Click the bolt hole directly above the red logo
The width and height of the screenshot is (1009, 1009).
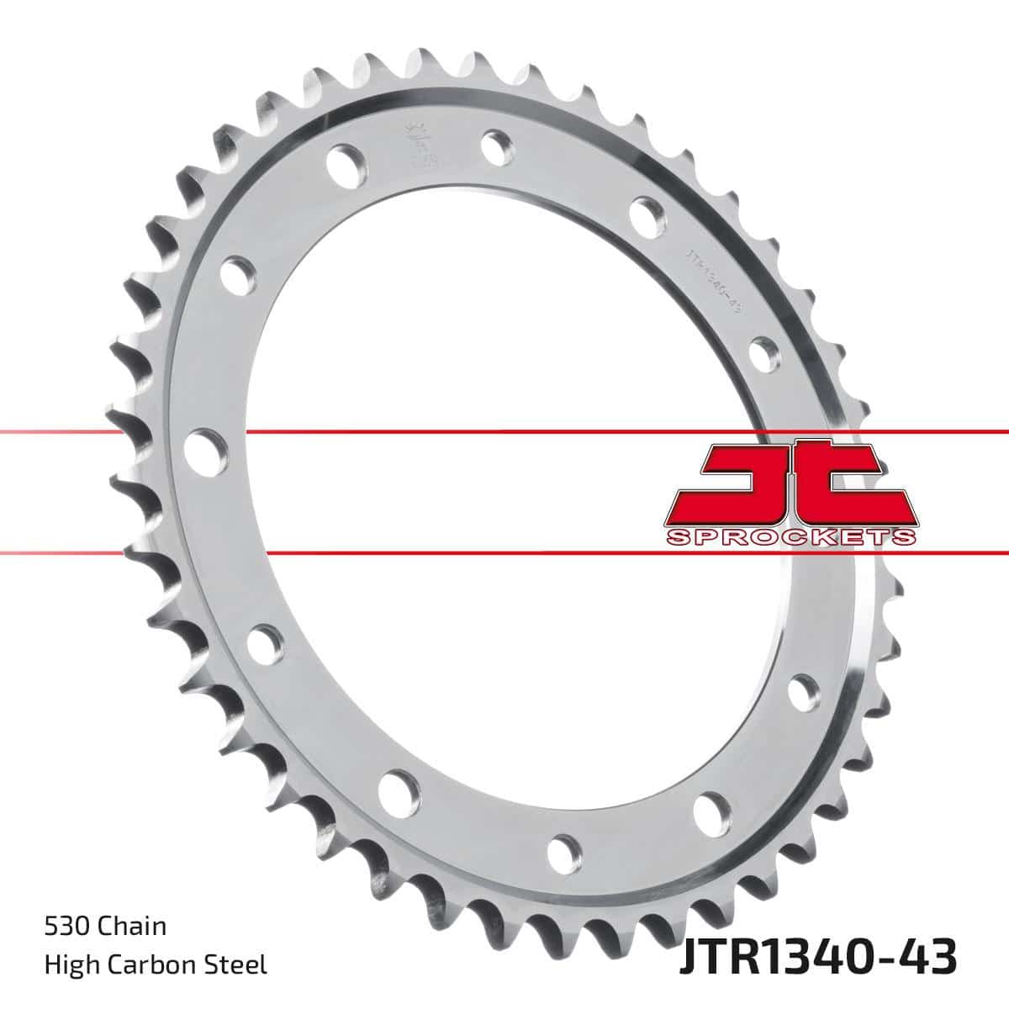pos(763,351)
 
